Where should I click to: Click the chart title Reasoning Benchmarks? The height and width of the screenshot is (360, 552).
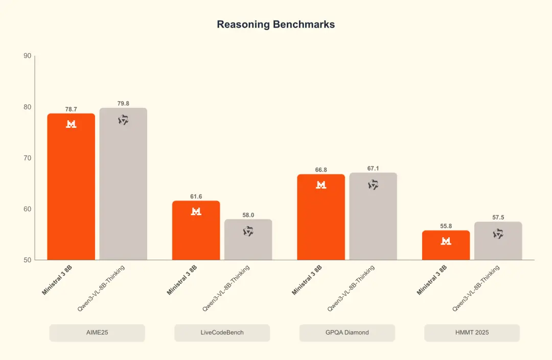275,25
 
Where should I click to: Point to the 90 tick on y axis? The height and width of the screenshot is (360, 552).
28,56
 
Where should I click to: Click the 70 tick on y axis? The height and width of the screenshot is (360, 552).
28,158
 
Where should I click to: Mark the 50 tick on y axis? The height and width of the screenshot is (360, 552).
28,260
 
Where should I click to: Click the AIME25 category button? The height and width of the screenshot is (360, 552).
97,332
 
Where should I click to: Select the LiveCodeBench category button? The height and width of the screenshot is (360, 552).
222,332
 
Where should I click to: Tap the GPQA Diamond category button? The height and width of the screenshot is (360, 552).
347,332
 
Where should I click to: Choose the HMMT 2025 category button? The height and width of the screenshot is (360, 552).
472,332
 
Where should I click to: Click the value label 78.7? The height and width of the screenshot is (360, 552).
71,109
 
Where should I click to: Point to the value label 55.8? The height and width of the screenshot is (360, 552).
446,226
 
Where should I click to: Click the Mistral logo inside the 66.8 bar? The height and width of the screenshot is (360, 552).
321,185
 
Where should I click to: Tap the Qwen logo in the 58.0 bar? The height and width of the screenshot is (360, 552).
248,231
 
